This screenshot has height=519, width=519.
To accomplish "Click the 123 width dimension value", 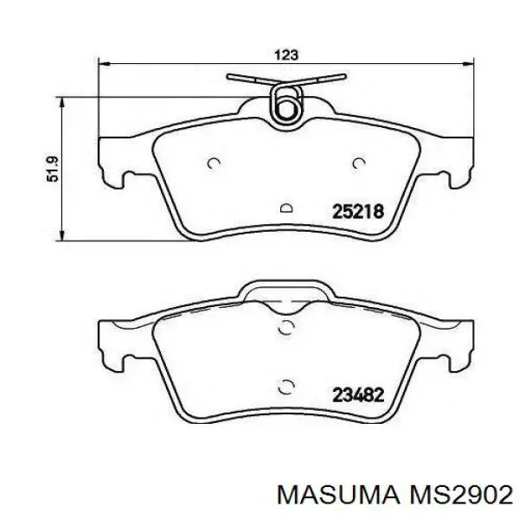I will click(x=286, y=54).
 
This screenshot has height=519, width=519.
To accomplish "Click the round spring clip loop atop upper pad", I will click(x=285, y=105).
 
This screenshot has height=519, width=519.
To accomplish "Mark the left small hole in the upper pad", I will click(x=215, y=163).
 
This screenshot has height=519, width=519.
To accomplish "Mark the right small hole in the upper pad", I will click(x=360, y=163).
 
